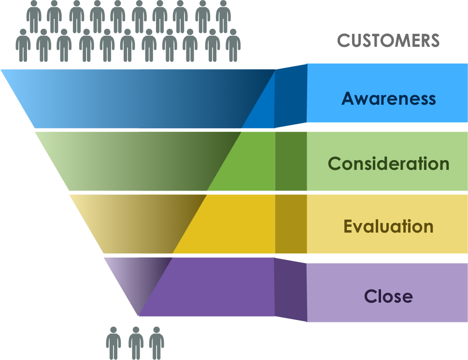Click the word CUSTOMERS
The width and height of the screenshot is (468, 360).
click(x=388, y=41)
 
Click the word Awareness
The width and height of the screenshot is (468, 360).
click(x=388, y=98)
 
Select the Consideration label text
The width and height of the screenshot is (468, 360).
click(x=388, y=164)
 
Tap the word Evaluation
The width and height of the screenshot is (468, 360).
click(x=388, y=226)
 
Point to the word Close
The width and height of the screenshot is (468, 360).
click(x=388, y=295)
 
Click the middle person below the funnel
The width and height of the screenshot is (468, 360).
click(x=136, y=343)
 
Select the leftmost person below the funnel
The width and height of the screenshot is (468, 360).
click(x=113, y=343)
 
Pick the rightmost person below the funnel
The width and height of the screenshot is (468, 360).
click(x=156, y=343)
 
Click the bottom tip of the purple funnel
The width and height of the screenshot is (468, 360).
click(x=139, y=314)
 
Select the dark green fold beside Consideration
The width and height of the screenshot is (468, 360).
click(x=291, y=161)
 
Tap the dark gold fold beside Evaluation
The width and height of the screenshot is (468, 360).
click(x=291, y=224)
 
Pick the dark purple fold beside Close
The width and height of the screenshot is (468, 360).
click(x=291, y=290)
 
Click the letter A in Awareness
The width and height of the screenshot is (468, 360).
click(x=348, y=98)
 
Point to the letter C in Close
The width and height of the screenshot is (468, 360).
click(x=370, y=295)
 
